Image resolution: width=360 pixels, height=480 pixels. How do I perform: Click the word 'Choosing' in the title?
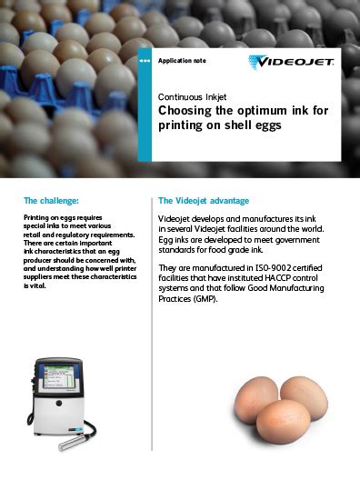[185, 110]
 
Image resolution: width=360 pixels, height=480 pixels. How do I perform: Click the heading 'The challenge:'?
[51, 200]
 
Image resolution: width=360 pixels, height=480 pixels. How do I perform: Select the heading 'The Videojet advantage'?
[204, 200]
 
